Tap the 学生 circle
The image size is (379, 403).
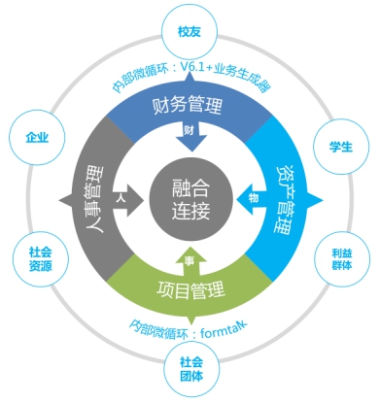coord(343,147)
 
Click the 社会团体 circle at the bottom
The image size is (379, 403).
coord(189,371)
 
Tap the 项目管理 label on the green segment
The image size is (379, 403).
coord(190,288)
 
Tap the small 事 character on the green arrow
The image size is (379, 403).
coord(189,250)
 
